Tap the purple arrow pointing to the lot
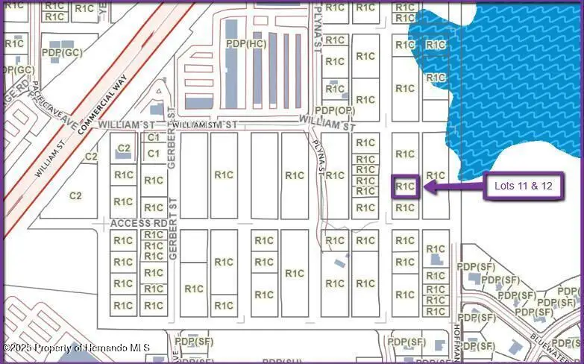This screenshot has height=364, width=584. click(x=452, y=186)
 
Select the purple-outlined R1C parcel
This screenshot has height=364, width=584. click(x=405, y=186)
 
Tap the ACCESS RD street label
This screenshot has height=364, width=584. click(x=139, y=223)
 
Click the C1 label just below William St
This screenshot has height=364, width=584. click(x=154, y=137)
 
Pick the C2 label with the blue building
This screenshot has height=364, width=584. click(x=124, y=148)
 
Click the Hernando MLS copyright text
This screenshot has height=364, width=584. click(x=77, y=348)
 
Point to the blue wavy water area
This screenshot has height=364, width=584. click(x=515, y=75)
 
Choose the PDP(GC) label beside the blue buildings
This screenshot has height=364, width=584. click(x=62, y=53)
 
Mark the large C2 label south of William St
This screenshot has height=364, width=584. click(x=75, y=195)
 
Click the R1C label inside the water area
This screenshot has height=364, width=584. click(x=436, y=45)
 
